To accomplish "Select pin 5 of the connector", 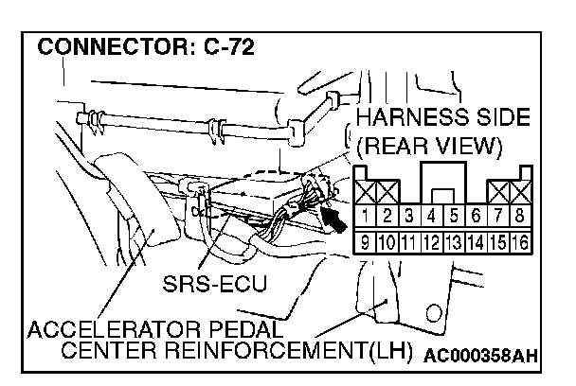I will click(x=453, y=218).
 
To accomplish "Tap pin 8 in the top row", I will click(x=520, y=218).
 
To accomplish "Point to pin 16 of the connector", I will click(x=520, y=242).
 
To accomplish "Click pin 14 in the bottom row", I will click(x=475, y=242).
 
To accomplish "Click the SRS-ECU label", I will click(x=214, y=283).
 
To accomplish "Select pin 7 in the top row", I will click(x=497, y=218).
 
